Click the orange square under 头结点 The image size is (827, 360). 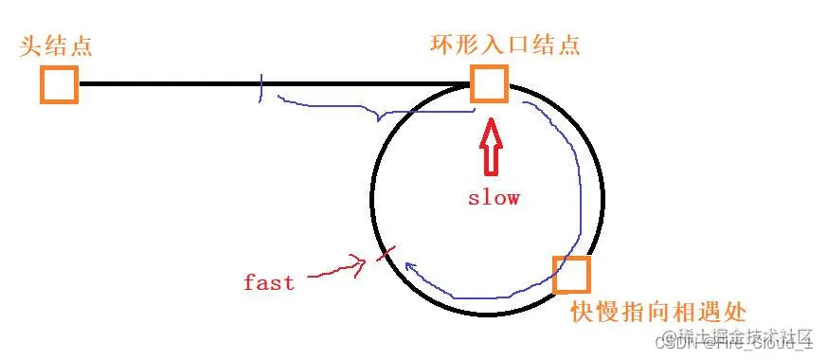(x=59, y=84)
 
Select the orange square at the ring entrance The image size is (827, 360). (x=489, y=84)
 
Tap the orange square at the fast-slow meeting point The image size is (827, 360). (x=571, y=274)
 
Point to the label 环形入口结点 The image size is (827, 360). (x=504, y=44)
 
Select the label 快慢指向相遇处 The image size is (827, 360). (x=659, y=311)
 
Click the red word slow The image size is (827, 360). (x=494, y=198)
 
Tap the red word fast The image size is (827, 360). (x=268, y=281)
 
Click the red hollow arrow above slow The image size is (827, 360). (x=490, y=146)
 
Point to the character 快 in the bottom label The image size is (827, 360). (x=583, y=311)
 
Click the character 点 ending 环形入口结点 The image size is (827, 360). (x=568, y=44)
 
